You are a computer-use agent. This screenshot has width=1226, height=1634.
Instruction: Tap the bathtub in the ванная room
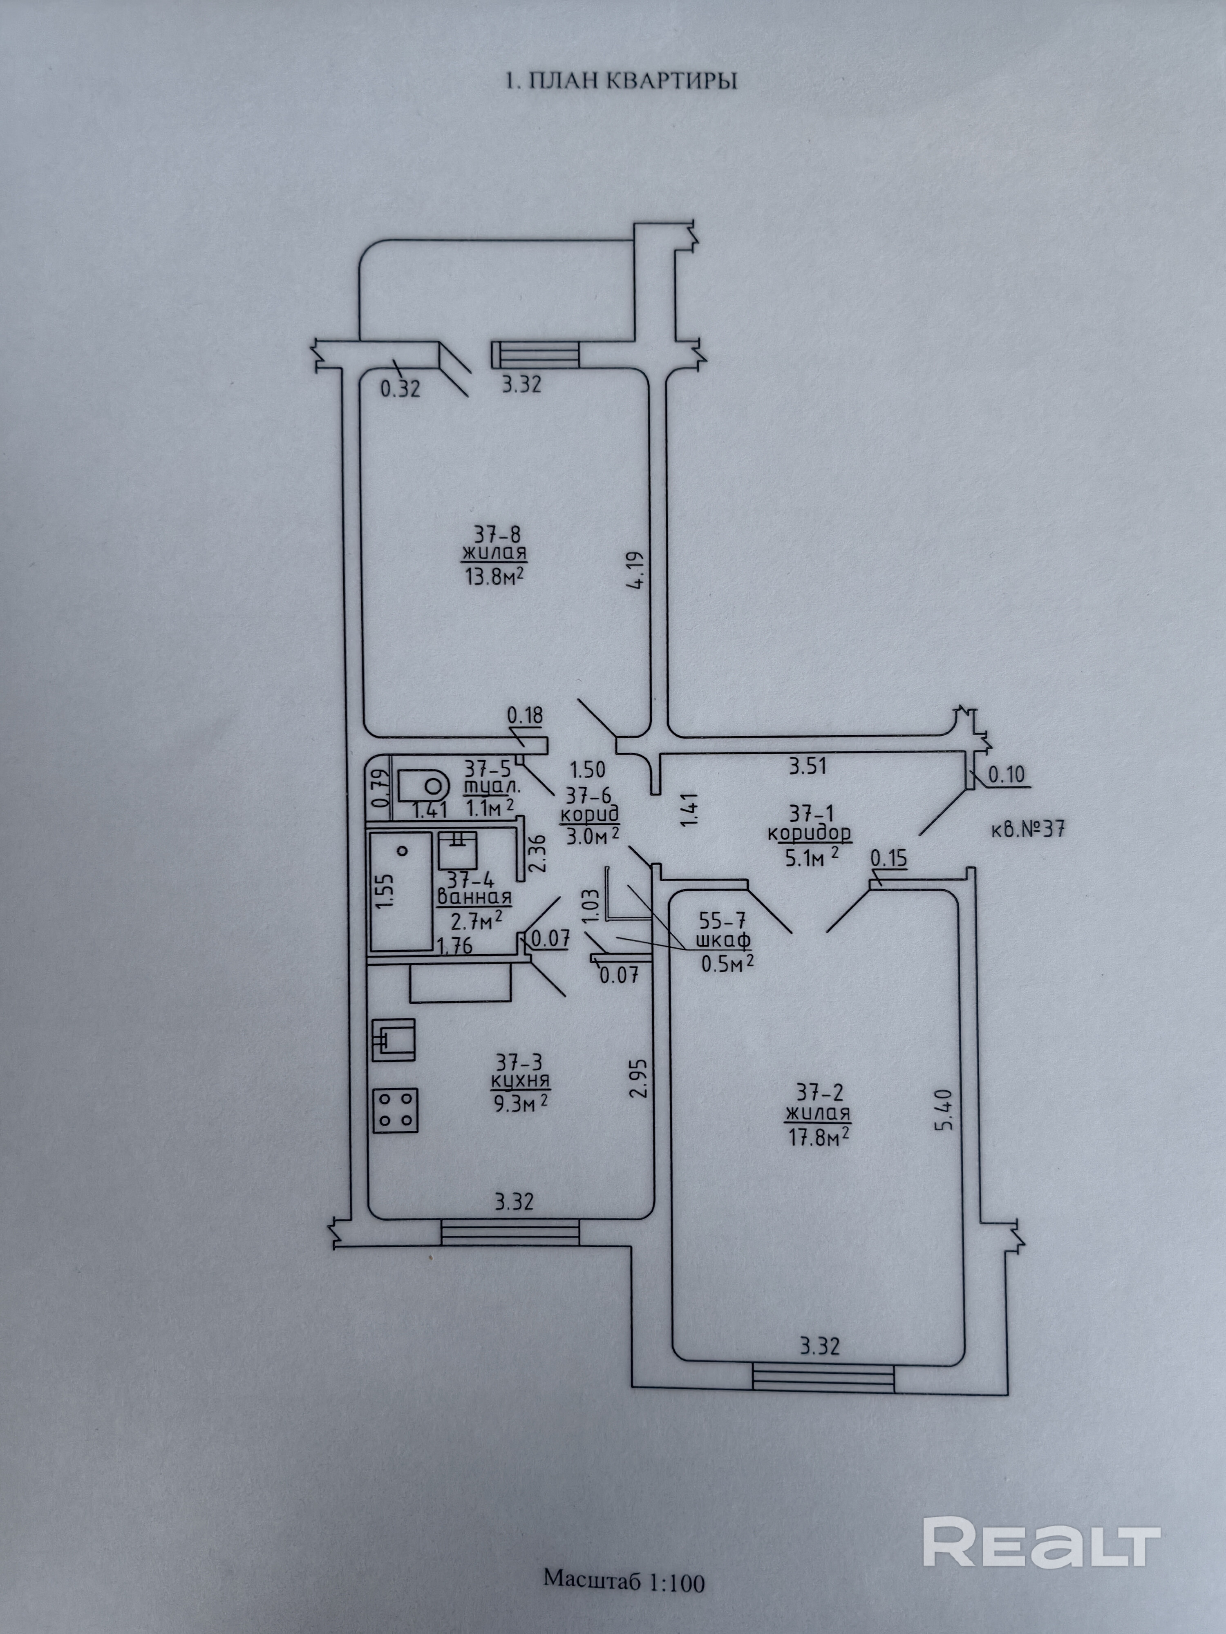(x=401, y=891)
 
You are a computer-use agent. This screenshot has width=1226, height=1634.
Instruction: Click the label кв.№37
(x=1027, y=829)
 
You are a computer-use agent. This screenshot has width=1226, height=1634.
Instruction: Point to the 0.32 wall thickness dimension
(x=400, y=388)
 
